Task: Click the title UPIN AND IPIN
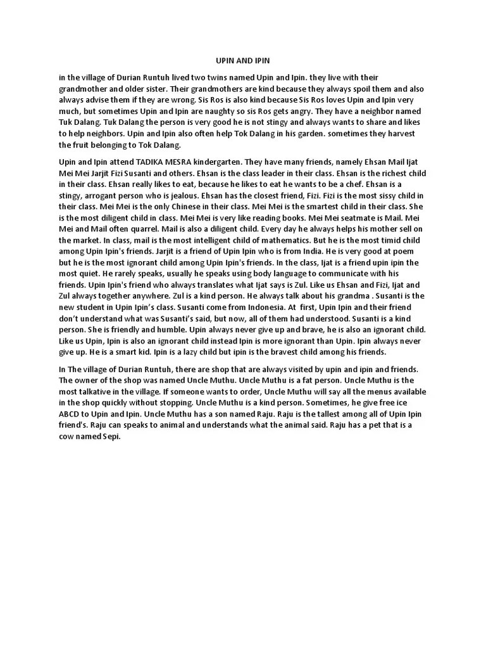(x=242, y=61)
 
